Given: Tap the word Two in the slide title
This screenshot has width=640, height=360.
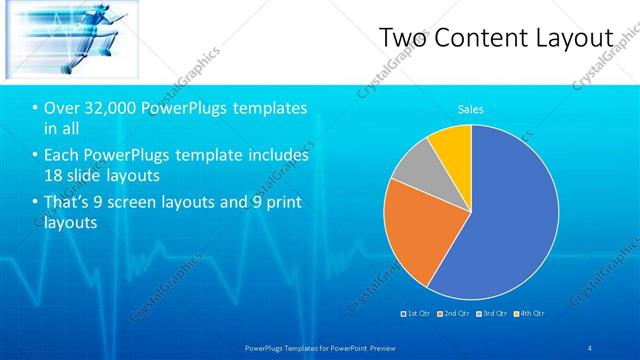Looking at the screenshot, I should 404,38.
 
